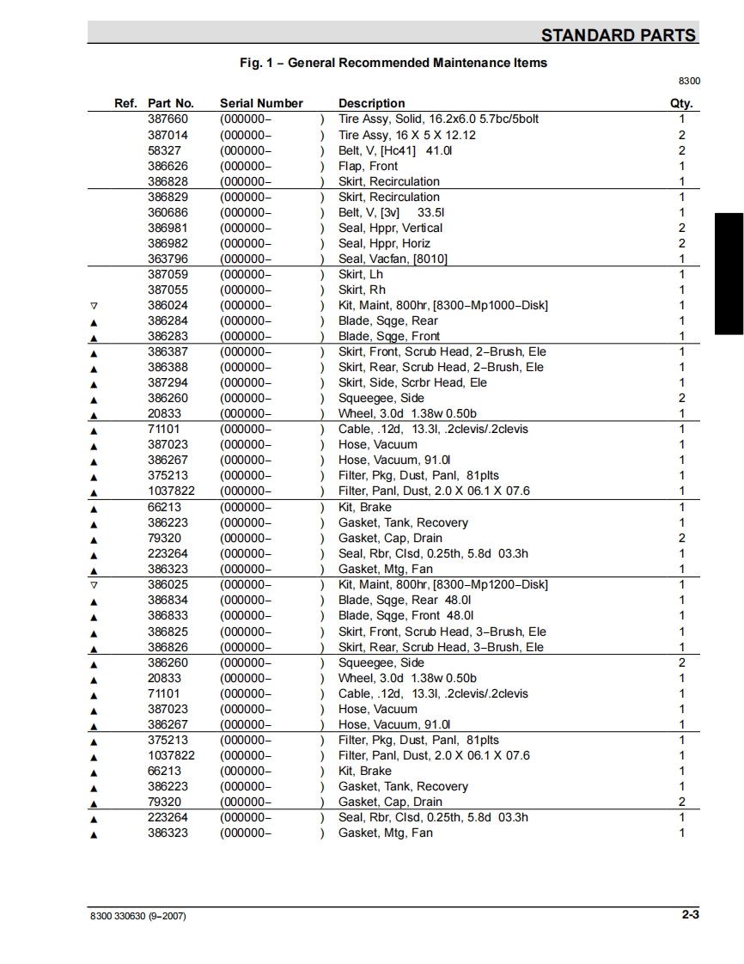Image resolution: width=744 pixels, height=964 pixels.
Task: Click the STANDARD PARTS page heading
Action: coord(619,35)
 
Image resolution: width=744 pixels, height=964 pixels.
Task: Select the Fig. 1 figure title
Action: coord(393,63)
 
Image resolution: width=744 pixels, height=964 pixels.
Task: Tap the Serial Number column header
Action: coord(261,103)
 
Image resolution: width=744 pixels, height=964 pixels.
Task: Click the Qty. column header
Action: coord(681,103)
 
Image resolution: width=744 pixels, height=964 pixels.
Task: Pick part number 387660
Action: coord(168,119)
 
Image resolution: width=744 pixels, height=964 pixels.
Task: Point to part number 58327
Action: coord(164,150)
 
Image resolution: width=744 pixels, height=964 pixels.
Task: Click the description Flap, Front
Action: coord(368,166)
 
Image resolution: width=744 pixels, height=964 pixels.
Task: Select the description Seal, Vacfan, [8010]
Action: coord(393,259)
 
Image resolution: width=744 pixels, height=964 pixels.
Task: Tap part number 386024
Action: coord(168,305)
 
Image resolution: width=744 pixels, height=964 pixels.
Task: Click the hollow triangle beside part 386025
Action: coord(94,584)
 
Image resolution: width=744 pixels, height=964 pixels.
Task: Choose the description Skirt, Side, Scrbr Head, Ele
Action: coord(412,382)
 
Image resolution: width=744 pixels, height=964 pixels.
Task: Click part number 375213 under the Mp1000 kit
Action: coord(168,475)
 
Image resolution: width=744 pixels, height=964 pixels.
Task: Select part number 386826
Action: coord(168,647)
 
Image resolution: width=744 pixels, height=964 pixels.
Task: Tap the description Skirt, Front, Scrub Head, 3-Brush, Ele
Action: coord(442,631)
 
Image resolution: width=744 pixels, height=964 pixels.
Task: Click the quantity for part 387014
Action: coord(682,135)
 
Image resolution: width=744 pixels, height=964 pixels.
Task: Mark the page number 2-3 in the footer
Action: coord(691,914)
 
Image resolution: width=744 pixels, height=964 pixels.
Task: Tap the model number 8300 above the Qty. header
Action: coord(690,81)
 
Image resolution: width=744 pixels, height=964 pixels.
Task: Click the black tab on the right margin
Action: coord(729,272)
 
